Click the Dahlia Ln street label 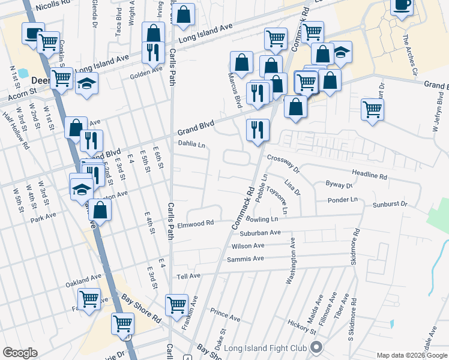click(191, 144)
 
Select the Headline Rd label click(370, 176)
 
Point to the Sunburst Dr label click(390, 205)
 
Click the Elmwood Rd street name click(196, 224)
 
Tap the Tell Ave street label click(188, 275)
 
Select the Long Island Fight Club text click(265, 348)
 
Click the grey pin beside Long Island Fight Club click(317, 347)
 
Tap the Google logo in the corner click(20, 353)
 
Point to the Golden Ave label click(146, 70)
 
